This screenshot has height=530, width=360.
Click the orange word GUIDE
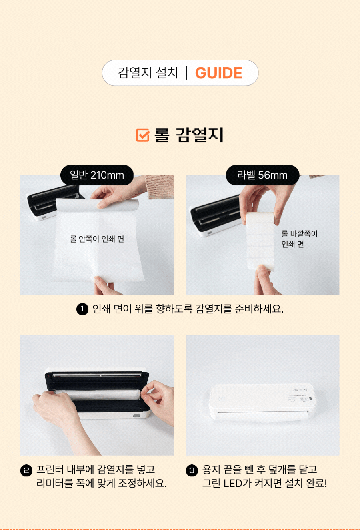(x=219, y=72)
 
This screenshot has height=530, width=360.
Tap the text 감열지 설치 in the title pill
(x=148, y=72)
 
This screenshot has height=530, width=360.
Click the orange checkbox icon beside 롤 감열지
(x=143, y=135)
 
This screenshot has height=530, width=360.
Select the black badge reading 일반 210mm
(x=97, y=175)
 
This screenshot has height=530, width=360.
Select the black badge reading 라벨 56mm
(x=263, y=175)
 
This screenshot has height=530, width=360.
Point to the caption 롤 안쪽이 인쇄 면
(x=97, y=239)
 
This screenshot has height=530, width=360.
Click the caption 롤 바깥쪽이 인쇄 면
(x=299, y=239)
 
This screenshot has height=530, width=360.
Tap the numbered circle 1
(x=82, y=309)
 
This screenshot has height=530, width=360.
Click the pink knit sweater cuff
(x=160, y=187)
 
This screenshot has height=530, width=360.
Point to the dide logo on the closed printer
(x=300, y=390)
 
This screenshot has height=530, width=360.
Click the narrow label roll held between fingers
(x=260, y=241)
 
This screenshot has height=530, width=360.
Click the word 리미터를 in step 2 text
(x=55, y=483)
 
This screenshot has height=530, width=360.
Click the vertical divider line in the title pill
(x=187, y=72)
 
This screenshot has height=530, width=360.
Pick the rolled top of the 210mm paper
(x=97, y=205)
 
